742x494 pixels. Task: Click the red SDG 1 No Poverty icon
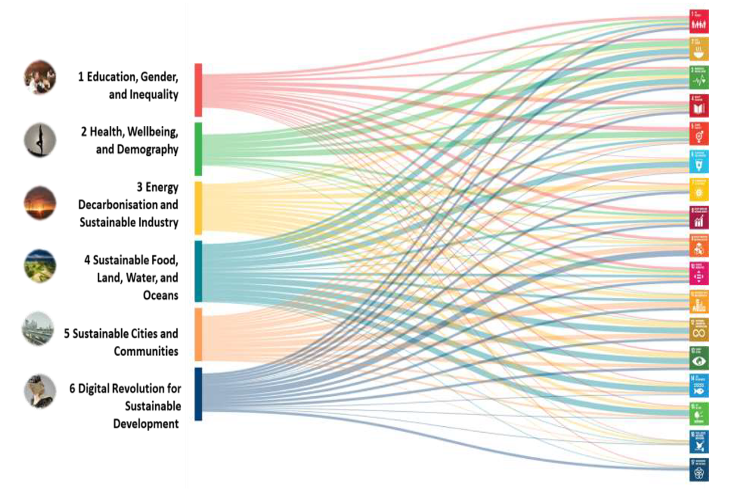pyautogui.click(x=699, y=22)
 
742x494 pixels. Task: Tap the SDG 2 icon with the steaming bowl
pyautogui.click(x=699, y=49)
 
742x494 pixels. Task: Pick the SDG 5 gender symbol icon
pyautogui.click(x=699, y=134)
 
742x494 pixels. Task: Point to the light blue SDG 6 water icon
pyautogui.click(x=699, y=162)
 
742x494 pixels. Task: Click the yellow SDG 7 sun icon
pyautogui.click(x=699, y=190)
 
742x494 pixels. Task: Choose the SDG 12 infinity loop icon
pyautogui.click(x=699, y=330)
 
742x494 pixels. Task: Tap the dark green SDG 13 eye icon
pyautogui.click(x=699, y=358)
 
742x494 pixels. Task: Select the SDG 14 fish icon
pyautogui.click(x=699, y=386)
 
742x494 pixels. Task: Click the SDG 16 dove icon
pyautogui.click(x=699, y=442)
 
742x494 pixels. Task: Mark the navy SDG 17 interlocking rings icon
pyautogui.click(x=699, y=469)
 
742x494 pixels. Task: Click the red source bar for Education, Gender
pyautogui.click(x=198, y=90)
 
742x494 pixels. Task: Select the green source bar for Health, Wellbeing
pyautogui.click(x=198, y=149)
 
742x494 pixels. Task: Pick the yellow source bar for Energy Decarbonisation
pyautogui.click(x=198, y=208)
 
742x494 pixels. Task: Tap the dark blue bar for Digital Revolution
pyautogui.click(x=198, y=394)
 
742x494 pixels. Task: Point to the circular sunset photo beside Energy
pyautogui.click(x=40, y=203)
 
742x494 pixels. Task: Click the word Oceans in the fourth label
pyautogui.click(x=161, y=295)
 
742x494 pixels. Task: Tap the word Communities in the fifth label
pyautogui.click(x=146, y=351)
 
